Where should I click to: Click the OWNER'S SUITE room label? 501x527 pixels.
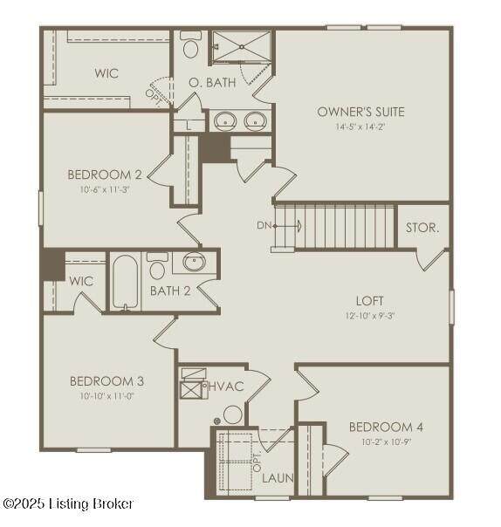[360, 112]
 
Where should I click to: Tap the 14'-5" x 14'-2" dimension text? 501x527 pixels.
[360, 127]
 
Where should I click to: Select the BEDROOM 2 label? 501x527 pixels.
[105, 175]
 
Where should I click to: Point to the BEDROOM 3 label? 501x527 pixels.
[106, 381]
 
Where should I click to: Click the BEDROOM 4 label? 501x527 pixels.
[386, 427]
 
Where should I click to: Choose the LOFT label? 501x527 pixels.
[369, 301]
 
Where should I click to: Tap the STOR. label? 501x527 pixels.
[422, 228]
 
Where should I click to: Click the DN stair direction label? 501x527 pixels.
[264, 225]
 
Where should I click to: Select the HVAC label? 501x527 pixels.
[226, 387]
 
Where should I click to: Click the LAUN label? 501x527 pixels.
[278, 478]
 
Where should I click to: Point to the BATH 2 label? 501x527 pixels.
[170, 291]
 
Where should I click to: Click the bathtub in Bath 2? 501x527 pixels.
[125, 282]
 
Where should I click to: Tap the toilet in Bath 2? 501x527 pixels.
[157, 266]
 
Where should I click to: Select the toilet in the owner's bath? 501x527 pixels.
[190, 44]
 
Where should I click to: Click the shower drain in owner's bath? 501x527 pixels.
[242, 47]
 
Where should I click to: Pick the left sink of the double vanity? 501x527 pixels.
[225, 121]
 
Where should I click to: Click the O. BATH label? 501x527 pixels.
[212, 82]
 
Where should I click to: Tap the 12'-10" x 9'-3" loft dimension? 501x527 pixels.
[369, 316]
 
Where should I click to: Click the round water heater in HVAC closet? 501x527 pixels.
[233, 414]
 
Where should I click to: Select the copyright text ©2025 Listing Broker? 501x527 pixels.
[68, 503]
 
